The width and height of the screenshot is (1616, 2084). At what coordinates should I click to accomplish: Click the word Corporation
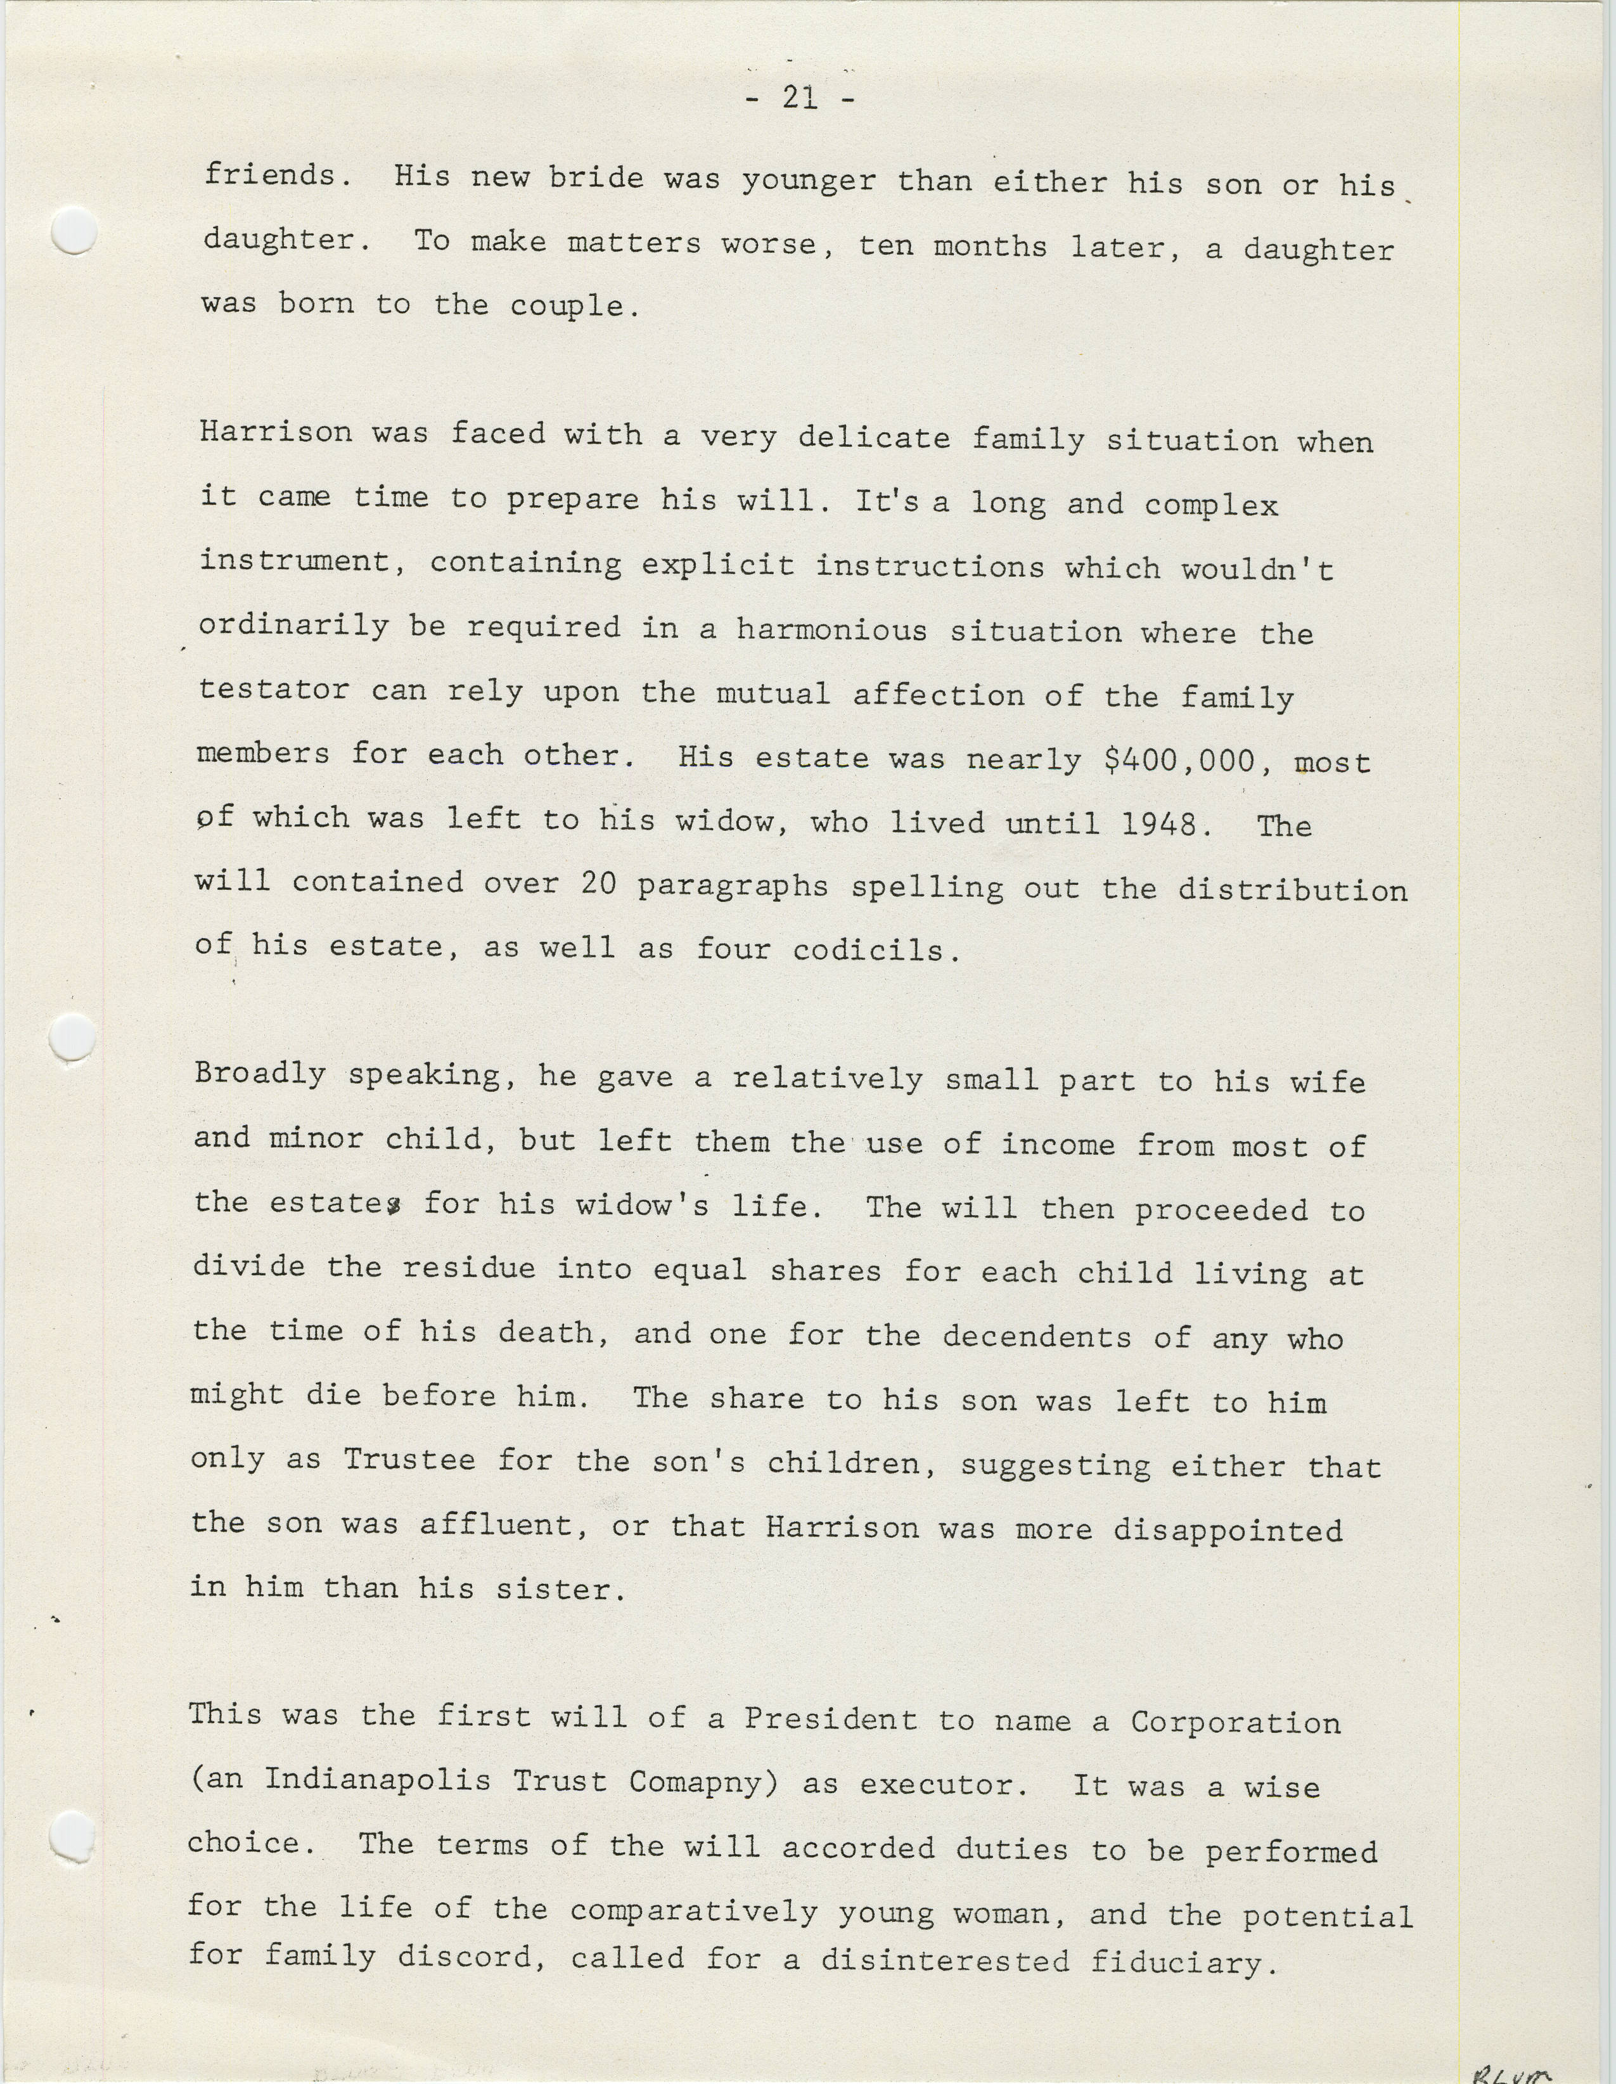[1235, 1722]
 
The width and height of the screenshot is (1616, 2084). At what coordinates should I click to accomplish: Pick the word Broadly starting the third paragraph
[259, 1074]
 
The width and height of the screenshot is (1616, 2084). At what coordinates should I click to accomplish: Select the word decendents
[1036, 1337]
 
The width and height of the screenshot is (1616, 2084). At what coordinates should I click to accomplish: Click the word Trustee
[409, 1461]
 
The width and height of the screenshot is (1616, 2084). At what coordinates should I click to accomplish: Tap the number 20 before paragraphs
[598, 884]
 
